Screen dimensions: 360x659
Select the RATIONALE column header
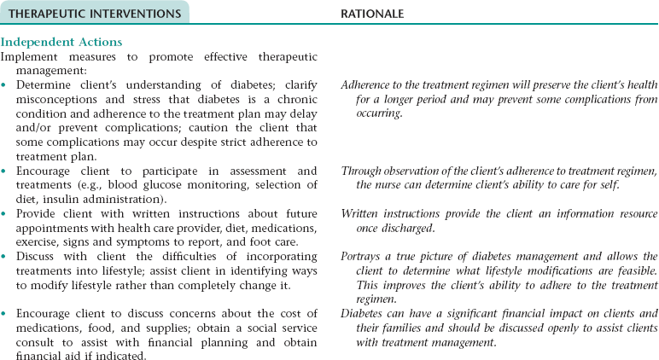pyautogui.click(x=372, y=12)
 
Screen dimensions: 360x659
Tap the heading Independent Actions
pyautogui.click(x=61, y=42)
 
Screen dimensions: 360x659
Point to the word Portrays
pyautogui.click(x=362, y=255)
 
